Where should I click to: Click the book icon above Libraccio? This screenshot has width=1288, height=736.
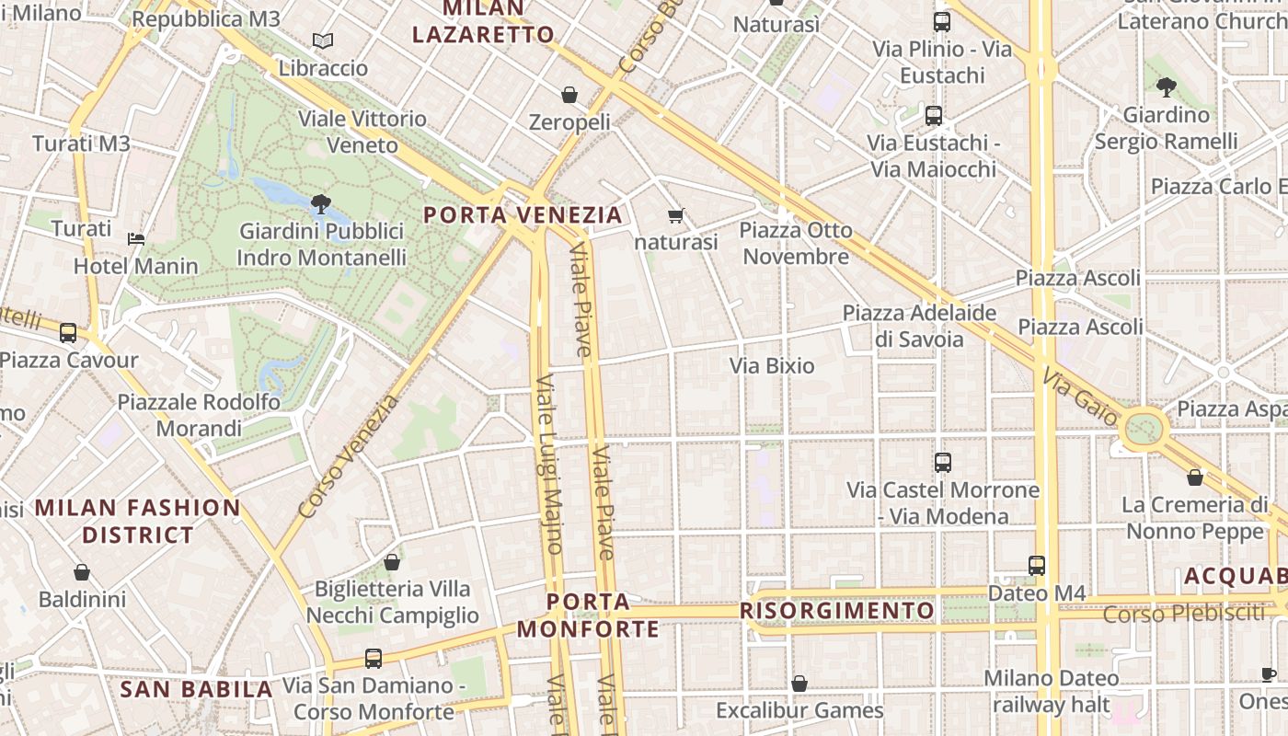[322, 40]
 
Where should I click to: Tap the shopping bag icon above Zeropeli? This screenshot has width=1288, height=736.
[569, 95]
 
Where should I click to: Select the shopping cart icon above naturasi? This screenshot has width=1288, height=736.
[676, 216]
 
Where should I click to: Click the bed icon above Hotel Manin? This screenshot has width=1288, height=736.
[136, 239]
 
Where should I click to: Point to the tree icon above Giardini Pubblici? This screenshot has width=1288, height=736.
[321, 203]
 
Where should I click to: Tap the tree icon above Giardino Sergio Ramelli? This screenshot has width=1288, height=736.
[1167, 87]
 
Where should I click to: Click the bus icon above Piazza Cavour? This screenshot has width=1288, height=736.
[68, 333]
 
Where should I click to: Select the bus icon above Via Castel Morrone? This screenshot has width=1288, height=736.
[942, 463]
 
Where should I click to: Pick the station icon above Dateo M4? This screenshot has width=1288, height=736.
[1037, 566]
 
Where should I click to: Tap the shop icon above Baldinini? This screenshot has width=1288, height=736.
[82, 572]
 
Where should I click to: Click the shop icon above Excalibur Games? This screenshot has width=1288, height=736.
[799, 684]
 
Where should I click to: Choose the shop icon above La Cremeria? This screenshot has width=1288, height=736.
[1195, 477]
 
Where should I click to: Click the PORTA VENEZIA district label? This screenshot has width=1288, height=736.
[523, 215]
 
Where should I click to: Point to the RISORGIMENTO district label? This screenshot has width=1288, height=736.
[837, 611]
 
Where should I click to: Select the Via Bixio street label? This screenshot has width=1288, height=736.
[772, 366]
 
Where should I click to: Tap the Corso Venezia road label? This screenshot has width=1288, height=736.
[350, 456]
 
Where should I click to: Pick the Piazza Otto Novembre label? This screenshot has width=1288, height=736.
[797, 243]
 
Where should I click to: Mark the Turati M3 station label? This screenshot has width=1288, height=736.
[81, 144]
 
